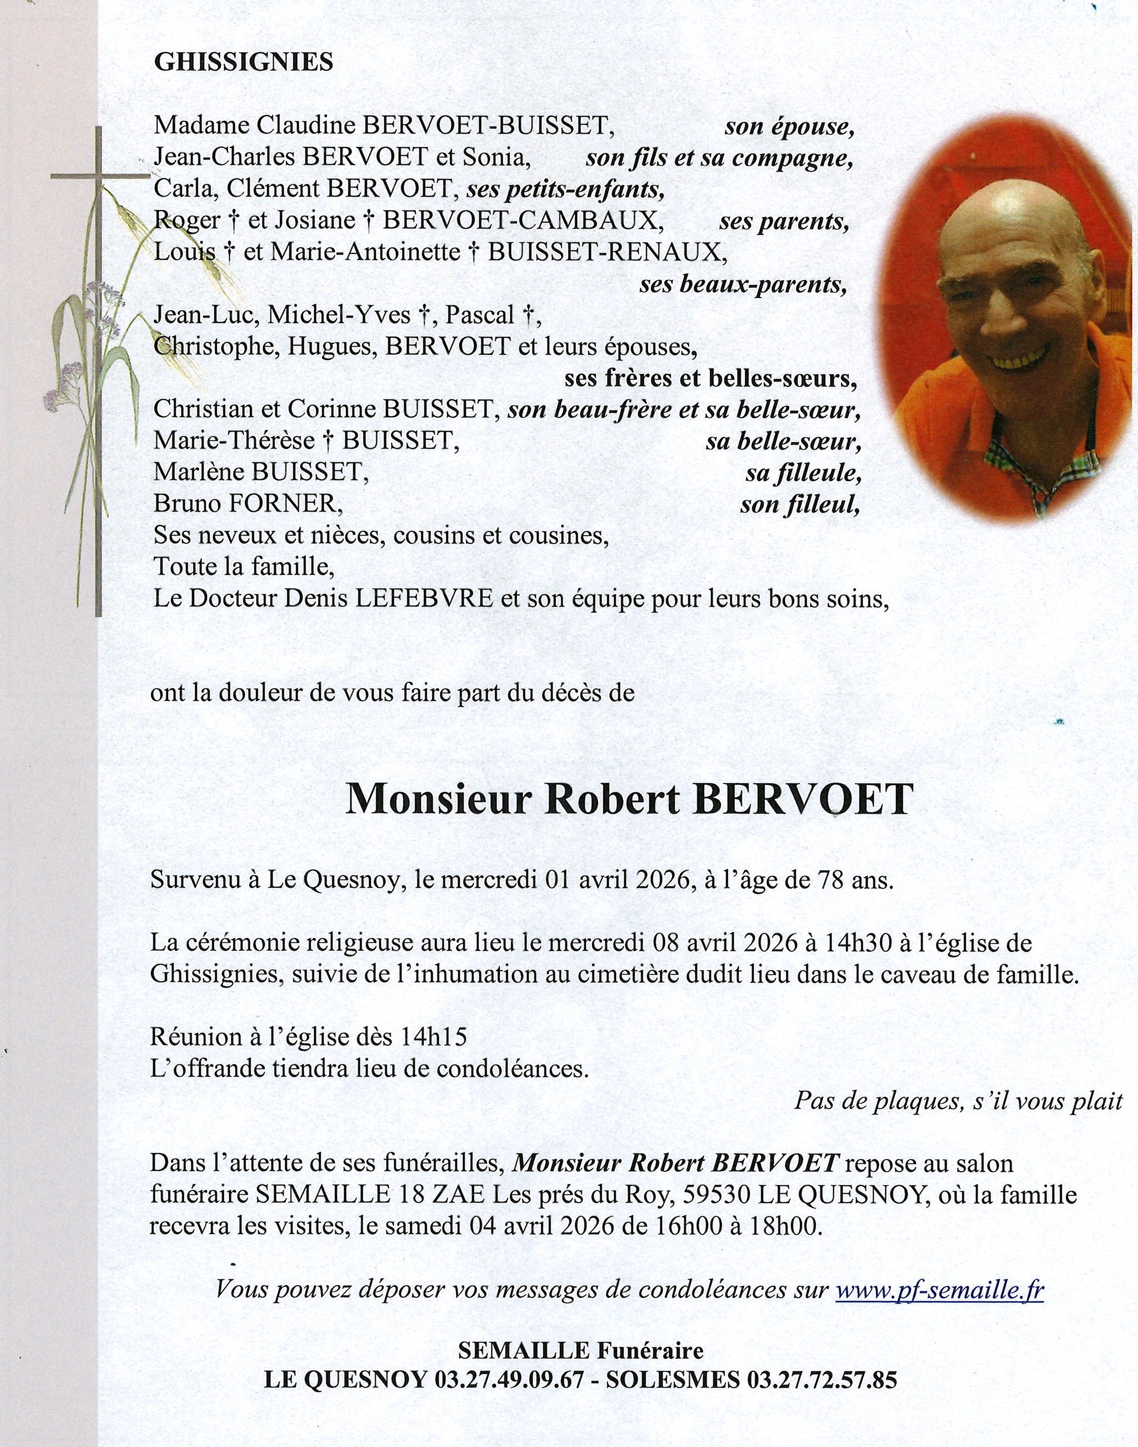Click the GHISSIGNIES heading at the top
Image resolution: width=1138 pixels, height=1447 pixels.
click(243, 62)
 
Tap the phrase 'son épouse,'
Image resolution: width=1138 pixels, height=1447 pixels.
click(789, 127)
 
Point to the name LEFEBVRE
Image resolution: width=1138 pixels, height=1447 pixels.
click(424, 599)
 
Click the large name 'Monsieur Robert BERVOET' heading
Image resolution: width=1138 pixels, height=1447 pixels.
click(627, 798)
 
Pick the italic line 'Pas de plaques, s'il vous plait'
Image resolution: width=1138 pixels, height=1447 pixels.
click(958, 1100)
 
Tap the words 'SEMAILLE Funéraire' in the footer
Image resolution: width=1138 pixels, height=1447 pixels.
click(580, 1350)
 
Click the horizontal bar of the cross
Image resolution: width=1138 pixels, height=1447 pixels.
click(100, 177)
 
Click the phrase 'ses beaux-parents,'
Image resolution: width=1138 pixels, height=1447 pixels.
click(743, 285)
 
